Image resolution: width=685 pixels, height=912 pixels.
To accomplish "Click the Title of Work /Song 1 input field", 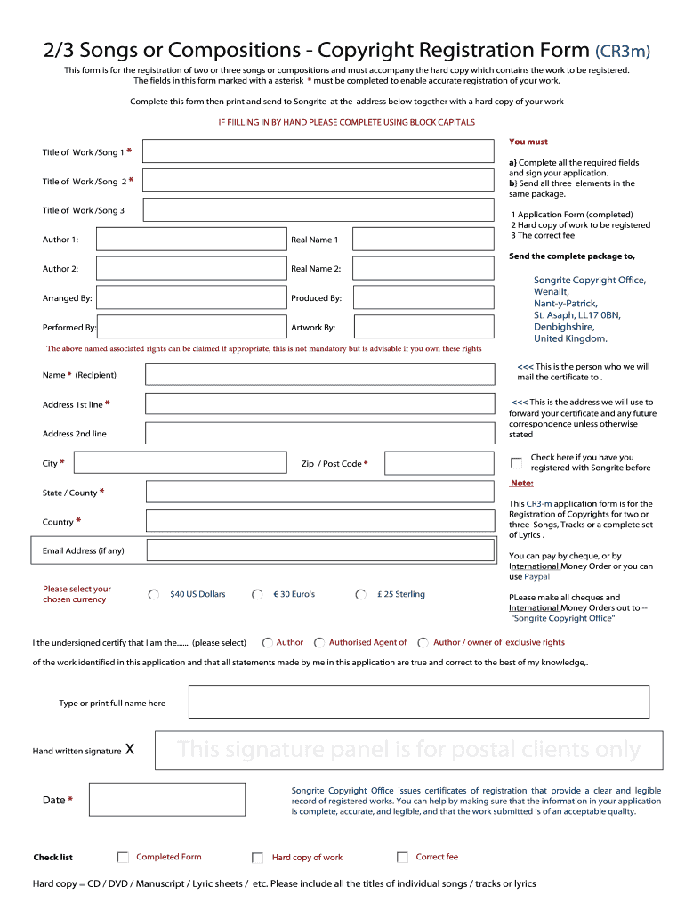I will coord(318,151).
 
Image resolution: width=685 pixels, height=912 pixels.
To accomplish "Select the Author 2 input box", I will coord(191,268).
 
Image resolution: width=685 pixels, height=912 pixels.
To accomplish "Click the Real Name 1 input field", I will coord(423,240).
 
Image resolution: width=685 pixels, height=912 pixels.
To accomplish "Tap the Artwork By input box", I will coord(423,327).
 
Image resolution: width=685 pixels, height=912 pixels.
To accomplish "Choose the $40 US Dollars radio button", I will coord(154,595).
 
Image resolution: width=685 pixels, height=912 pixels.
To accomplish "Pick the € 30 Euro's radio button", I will coord(257,595).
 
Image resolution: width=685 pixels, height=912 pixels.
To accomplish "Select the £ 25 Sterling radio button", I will coord(360,595).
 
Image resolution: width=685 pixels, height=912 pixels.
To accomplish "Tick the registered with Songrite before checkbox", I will coord(516,463).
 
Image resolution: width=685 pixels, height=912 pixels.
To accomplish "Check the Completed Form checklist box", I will coord(123,858).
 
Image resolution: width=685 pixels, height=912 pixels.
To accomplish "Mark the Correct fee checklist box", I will coord(402,858).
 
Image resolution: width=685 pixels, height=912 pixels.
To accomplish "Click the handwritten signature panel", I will coord(408,751).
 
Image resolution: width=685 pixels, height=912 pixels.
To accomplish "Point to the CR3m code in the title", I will coord(623,52).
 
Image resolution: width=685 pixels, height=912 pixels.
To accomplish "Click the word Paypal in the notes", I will coord(536,577).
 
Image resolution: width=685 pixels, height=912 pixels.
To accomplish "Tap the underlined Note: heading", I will coord(521,484).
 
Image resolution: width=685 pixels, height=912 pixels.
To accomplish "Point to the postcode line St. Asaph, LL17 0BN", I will coord(576,315).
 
